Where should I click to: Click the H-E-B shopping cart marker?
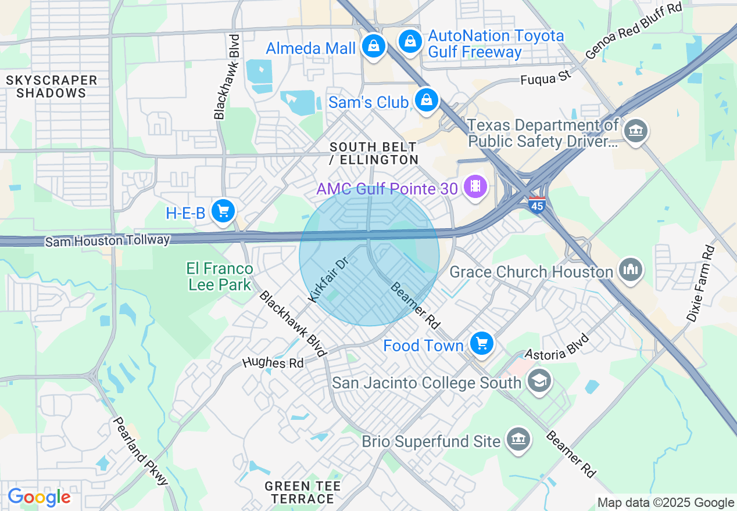223,211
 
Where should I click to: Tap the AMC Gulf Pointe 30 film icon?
476,186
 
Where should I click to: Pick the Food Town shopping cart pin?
481,344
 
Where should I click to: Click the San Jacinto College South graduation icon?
539,381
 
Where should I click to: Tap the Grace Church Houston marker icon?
630,270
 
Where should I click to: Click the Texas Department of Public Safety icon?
636,131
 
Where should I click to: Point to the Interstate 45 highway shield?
537,205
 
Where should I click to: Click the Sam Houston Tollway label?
108,240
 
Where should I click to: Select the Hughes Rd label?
273,363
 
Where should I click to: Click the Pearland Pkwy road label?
140,451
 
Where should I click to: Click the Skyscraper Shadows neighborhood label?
52,87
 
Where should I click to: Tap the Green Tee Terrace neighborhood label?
302,492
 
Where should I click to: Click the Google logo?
39,498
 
